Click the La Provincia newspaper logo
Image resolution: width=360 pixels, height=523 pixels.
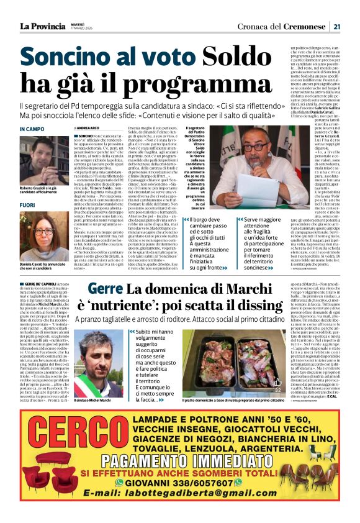coord(42,26)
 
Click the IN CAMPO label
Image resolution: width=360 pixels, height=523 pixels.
coord(32,129)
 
